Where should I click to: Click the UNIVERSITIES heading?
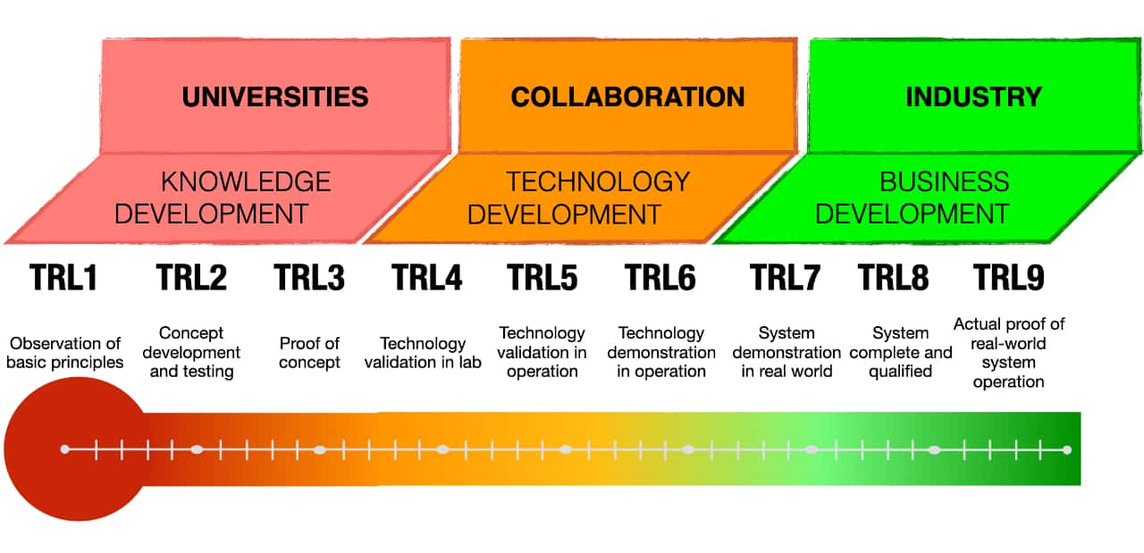pos(275,96)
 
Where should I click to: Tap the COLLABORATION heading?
pos(627,96)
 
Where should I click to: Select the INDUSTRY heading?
pos(973,96)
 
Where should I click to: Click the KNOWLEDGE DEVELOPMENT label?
pos(223,197)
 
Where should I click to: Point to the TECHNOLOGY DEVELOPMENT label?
pos(578,197)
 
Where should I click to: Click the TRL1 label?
pos(63,278)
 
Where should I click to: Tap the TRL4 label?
pos(427,278)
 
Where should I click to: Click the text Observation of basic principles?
pos(64,353)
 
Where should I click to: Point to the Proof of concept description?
pos(309,353)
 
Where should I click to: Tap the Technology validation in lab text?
pos(423,353)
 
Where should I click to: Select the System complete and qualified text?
pos(900,352)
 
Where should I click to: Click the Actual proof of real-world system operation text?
pos(1009,352)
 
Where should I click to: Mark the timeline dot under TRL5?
pos(566,449)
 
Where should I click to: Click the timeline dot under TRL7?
pos(812,449)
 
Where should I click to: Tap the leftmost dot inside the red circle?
pos(64,449)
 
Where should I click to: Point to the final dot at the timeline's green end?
pos(1067,449)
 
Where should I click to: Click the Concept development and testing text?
pos(191,352)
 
